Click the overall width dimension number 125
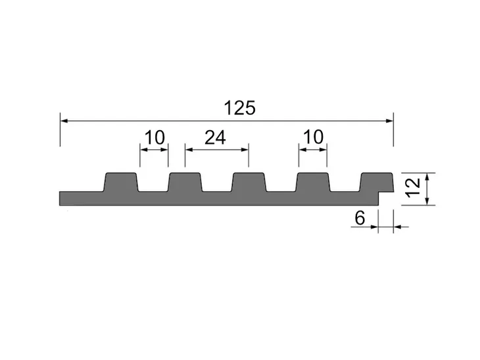[240, 108]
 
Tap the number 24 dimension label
[215, 138]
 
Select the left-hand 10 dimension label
[155, 138]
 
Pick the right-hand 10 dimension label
[314, 137]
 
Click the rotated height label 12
[413, 187]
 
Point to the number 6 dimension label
[360, 218]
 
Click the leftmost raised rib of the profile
[121, 182]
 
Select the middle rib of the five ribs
[249, 182]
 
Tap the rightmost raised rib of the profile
[377, 182]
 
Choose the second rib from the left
[185, 182]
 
